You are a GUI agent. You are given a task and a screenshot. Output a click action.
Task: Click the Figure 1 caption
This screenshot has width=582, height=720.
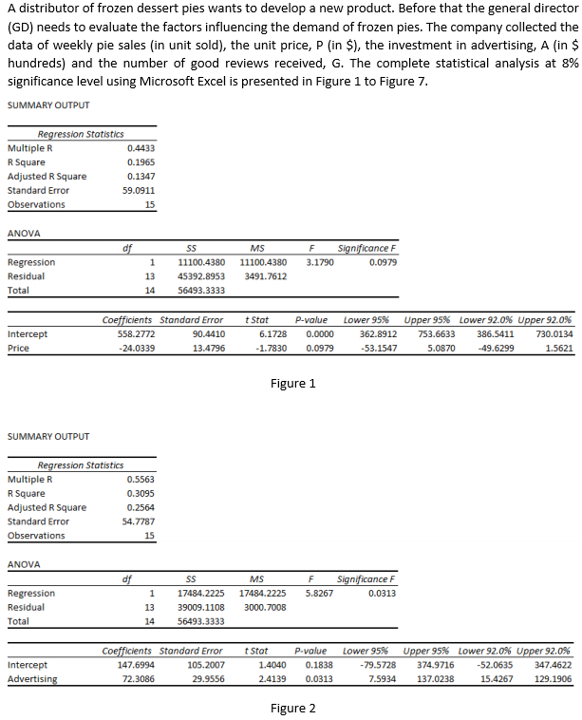[292, 384]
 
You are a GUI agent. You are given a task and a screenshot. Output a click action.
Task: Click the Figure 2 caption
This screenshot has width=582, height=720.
[292, 709]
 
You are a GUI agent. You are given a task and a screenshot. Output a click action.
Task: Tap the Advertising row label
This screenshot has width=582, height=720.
[31, 679]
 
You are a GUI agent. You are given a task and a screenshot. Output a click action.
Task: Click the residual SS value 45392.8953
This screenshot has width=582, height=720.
[200, 276]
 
